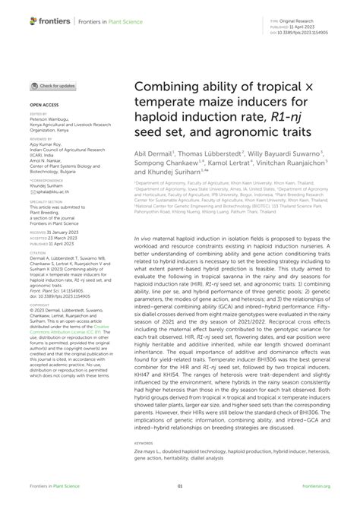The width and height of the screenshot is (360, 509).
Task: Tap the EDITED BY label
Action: pos(39,114)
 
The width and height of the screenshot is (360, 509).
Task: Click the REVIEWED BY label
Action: pos(43,139)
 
